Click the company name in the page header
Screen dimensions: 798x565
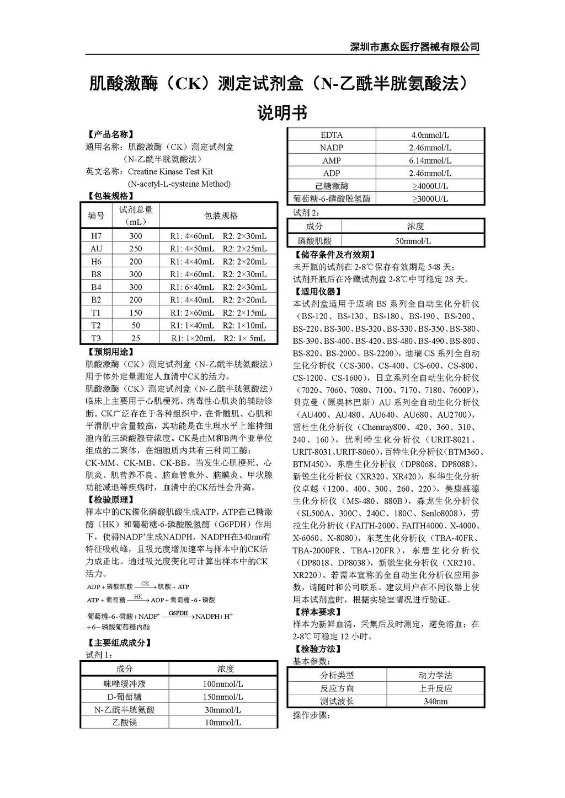414,47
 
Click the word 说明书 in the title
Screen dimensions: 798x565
282,113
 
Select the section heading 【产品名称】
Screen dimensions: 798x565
110,134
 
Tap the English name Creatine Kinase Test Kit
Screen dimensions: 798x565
170,171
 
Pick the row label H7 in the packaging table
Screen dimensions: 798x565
96,236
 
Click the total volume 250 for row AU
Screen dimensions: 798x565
136,249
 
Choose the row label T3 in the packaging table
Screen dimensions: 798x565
96,338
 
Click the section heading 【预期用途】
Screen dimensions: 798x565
110,352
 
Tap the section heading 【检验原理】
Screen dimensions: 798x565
110,500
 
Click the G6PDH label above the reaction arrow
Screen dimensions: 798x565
178,613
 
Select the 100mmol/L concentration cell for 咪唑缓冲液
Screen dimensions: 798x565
223,684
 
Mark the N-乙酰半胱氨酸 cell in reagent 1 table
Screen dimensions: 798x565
125,710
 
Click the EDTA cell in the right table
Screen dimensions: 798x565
332,135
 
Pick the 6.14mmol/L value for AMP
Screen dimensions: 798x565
430,160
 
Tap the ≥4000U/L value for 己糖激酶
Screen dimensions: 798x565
430,186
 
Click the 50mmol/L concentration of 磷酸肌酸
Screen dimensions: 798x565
413,241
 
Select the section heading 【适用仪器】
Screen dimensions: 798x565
318,292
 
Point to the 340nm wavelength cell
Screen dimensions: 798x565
435,702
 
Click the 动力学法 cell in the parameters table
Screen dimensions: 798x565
435,675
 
